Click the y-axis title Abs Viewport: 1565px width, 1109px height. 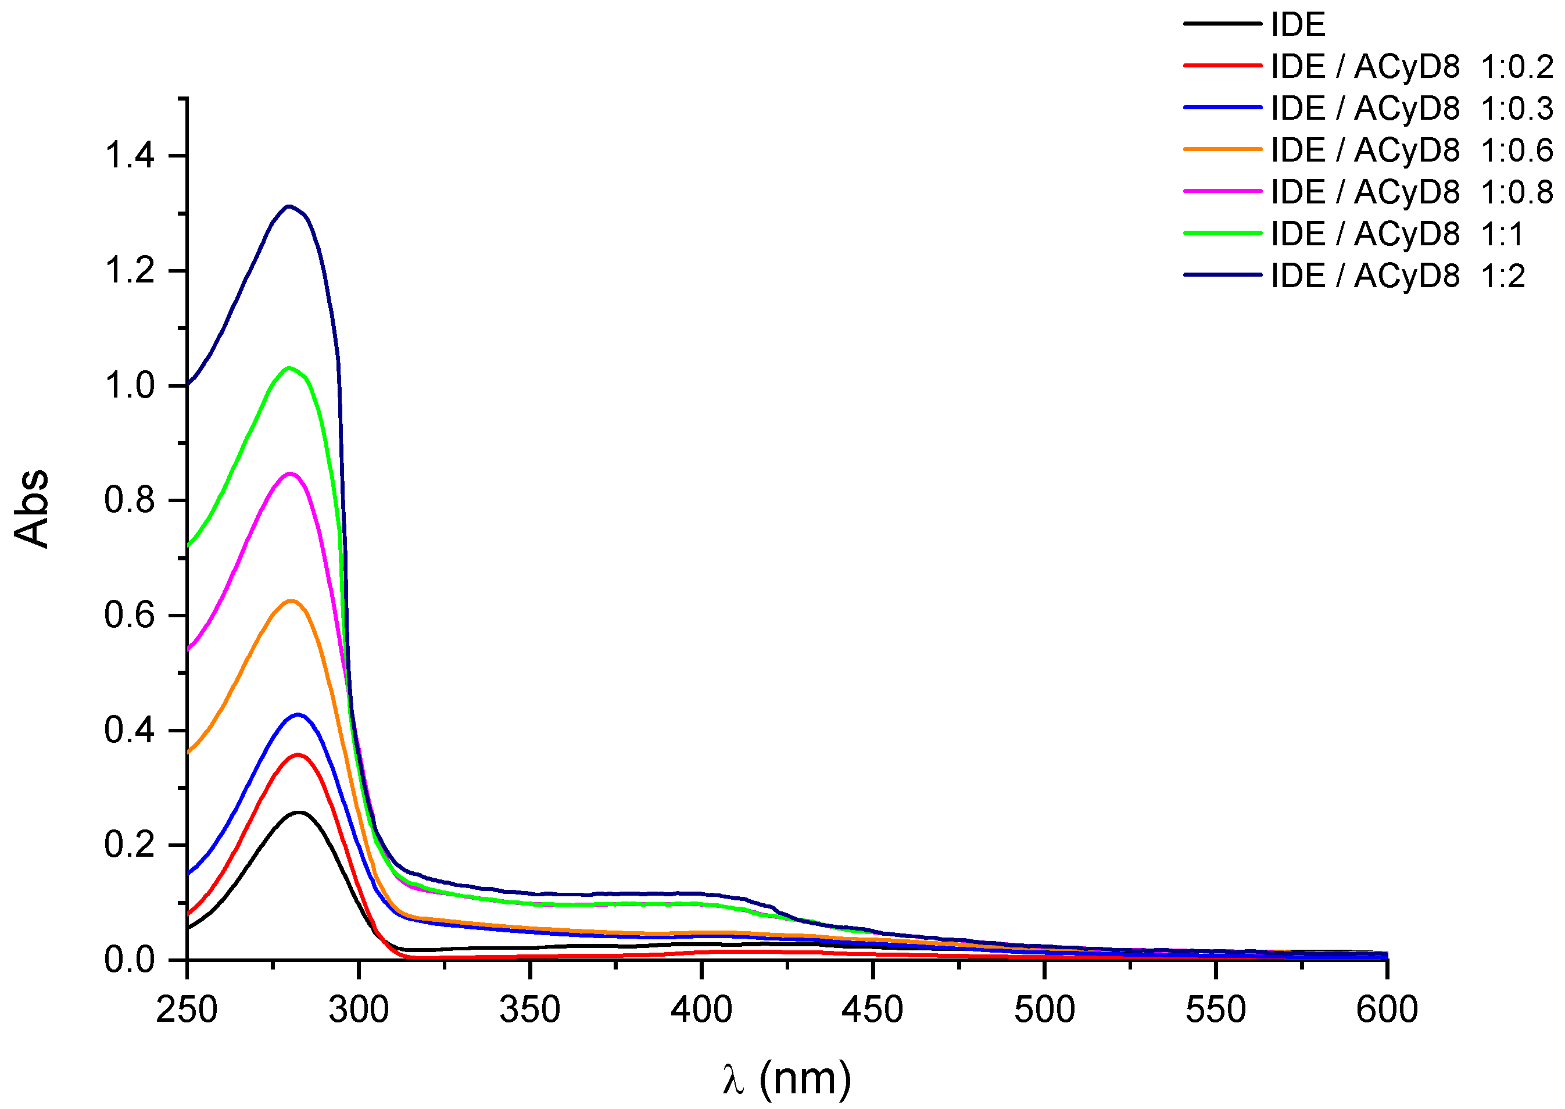coord(32,509)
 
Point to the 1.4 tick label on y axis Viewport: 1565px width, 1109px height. coord(130,156)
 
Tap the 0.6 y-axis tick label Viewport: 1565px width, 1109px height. coord(130,616)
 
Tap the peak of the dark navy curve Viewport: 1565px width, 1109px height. coord(289,206)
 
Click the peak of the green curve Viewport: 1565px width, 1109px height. coord(289,368)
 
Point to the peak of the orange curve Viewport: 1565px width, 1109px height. coord(292,601)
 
